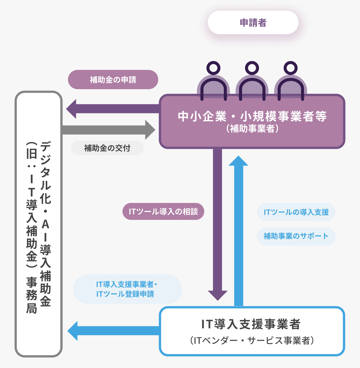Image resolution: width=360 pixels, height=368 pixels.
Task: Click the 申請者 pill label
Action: tap(253, 23)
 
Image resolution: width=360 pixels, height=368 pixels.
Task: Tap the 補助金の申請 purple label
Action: tap(113, 80)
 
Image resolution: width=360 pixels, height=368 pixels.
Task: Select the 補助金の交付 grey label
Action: tap(107, 148)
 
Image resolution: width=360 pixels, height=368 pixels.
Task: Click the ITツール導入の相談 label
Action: tap(163, 211)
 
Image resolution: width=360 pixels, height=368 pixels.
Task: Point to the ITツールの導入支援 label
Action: tap(296, 212)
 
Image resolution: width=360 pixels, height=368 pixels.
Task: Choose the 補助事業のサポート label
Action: tap(296, 236)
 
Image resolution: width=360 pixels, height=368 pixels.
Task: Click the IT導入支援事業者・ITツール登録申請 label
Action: tap(127, 289)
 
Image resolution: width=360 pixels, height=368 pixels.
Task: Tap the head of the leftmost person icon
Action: tap(213, 68)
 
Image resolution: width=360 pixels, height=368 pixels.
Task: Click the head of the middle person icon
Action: tap(252, 68)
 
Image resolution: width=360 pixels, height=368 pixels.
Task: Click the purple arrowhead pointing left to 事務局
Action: tap(71, 109)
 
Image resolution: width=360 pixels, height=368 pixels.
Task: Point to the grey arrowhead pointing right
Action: tap(150, 130)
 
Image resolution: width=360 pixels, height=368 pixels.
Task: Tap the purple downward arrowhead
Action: tap(218, 295)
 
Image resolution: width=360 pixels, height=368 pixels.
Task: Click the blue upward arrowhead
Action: tap(239, 161)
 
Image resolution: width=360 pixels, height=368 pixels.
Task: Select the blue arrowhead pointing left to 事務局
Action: tap(73, 331)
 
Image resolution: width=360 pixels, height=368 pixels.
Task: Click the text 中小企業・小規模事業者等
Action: tap(252, 116)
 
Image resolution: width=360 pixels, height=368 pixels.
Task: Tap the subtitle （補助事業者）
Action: tap(252, 129)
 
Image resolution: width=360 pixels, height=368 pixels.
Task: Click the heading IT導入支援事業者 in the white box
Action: tap(251, 324)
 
